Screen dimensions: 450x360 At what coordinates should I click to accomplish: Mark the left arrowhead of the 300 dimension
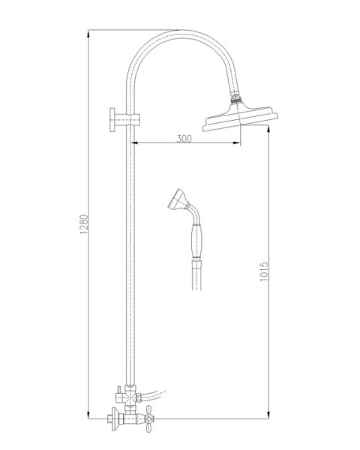point(137,144)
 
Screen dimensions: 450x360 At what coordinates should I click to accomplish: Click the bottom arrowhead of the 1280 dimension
point(89,416)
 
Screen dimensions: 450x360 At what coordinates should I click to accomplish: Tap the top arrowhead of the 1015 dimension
point(268,129)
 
